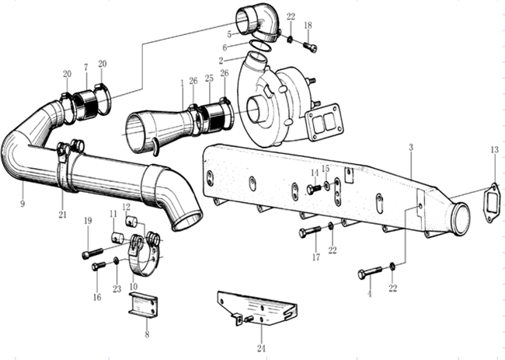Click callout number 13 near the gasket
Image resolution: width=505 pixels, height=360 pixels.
[x=494, y=150]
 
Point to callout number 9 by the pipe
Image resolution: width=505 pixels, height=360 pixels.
[x=23, y=203]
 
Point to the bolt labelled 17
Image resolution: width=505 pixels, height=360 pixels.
[x=308, y=232]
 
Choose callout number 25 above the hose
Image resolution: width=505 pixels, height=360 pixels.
[x=209, y=79]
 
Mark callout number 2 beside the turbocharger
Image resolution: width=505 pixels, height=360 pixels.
[x=221, y=60]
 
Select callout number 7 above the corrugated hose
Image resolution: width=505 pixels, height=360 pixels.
[x=85, y=68]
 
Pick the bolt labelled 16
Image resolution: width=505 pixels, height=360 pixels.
[x=99, y=266]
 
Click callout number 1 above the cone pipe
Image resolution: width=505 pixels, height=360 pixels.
[x=182, y=82]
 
